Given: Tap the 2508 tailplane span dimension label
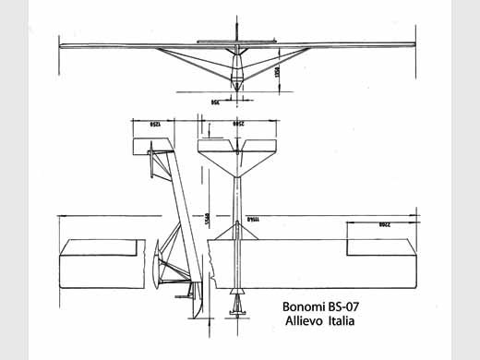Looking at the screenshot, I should click(x=238, y=122).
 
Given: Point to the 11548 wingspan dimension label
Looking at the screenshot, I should click(x=251, y=218).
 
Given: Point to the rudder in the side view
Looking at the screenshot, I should click(x=147, y=156).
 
